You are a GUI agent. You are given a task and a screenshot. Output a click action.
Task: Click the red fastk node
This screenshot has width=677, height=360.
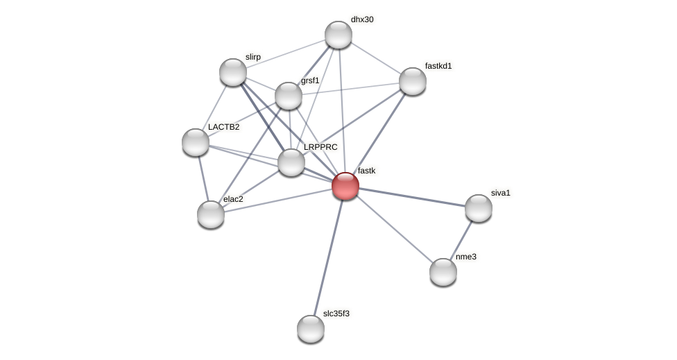pos(345,186)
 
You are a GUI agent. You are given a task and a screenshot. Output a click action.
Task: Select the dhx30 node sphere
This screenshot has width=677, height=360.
pos(338,35)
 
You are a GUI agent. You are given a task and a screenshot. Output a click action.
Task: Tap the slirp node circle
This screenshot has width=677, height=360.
pos(233,72)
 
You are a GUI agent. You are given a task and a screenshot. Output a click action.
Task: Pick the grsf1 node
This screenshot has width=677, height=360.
pos(289,96)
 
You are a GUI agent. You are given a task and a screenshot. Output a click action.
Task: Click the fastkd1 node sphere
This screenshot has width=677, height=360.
pos(413,81)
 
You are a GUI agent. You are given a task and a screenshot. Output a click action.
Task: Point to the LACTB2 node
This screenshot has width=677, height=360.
pos(196,142)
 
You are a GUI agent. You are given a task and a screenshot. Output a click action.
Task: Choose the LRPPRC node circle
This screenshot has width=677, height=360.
pos(291,162)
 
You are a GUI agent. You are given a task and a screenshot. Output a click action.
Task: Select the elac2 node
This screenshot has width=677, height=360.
pos(211,214)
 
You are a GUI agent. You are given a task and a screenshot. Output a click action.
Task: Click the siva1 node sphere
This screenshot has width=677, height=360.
pos(479,208)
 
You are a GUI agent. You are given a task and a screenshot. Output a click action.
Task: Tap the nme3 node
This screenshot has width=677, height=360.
pos(443,272)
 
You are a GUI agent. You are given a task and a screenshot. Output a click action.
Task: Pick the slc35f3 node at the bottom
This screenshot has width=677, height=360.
pos(311,329)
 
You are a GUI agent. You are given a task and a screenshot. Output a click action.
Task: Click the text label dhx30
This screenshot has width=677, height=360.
pos(362,19)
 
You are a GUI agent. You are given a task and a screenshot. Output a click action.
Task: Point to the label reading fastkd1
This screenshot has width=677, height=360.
pos(438,66)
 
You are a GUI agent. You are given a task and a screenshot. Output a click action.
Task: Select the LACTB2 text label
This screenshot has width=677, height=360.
pos(223,127)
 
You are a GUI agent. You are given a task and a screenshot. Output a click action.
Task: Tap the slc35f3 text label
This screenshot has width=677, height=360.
pos(336,314)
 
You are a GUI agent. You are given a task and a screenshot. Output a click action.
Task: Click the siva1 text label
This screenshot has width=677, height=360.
pos(500,193)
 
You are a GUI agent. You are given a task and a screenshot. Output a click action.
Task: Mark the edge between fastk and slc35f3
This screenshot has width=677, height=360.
pos(328,257)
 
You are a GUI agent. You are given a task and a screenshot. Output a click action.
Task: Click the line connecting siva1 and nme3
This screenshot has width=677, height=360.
pos(461,239)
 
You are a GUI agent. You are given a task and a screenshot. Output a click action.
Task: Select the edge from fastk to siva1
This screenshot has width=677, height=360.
pos(412,197)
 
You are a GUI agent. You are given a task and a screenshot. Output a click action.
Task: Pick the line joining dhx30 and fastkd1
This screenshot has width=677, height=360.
pos(375,58)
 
